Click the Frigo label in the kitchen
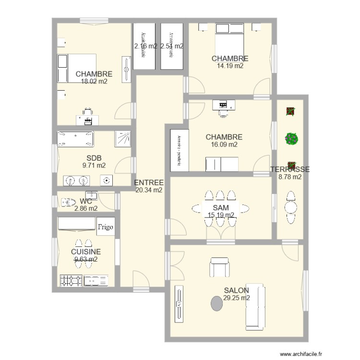click(106, 227)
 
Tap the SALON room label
click(236, 290)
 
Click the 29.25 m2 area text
click(236, 298)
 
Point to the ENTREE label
click(149, 182)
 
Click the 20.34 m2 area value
click(149, 190)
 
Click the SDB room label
click(94, 158)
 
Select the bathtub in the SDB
click(76, 139)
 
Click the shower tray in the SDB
click(122, 139)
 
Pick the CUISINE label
click(86, 252)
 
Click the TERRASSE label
click(290, 169)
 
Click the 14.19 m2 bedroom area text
click(230, 66)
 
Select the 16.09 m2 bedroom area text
click(224, 144)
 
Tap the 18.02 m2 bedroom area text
click(94, 82)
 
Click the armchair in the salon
click(219, 267)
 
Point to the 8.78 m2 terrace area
click(290, 177)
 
